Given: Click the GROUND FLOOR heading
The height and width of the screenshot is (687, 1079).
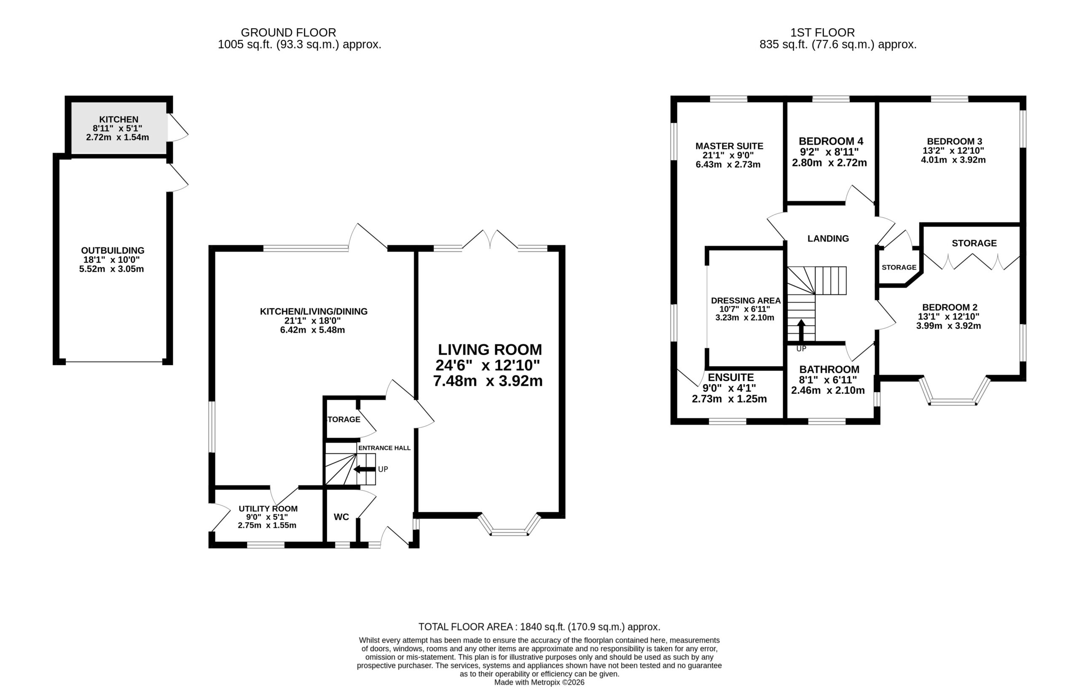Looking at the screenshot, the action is click(288, 33).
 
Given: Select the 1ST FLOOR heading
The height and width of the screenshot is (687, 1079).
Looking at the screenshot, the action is click(822, 33).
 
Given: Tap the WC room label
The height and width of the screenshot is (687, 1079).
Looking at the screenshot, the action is click(341, 517).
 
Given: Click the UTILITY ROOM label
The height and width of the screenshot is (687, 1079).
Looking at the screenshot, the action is click(268, 509).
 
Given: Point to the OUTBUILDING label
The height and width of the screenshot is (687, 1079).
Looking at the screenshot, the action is click(113, 251).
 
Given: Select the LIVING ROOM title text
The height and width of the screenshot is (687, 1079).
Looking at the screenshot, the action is click(490, 349).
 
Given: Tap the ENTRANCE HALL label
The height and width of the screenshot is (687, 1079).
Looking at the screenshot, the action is click(384, 448).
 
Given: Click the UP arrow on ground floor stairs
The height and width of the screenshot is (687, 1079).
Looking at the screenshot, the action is click(365, 469).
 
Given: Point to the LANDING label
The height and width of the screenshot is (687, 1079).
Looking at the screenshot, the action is click(828, 239).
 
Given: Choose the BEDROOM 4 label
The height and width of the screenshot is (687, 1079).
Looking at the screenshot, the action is click(831, 141).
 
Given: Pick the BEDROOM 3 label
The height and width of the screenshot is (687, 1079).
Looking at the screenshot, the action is click(954, 142).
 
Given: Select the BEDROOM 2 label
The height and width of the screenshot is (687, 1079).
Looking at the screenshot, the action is click(950, 307).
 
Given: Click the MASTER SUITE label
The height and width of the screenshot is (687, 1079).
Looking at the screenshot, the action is click(729, 146).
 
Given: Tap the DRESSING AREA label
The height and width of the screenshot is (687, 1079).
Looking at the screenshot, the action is click(746, 300).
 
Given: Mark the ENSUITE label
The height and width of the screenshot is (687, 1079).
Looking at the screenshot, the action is click(731, 377).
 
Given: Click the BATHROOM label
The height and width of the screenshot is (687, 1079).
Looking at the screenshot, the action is click(829, 369).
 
